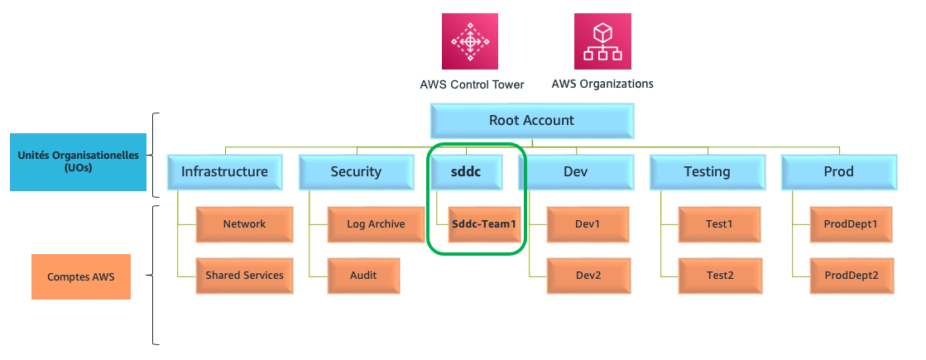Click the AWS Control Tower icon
coord(470,41)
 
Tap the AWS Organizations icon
coord(602,41)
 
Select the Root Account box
coord(531,121)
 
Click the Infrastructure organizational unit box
coord(224,172)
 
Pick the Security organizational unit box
coord(356,172)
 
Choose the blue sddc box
coord(467,172)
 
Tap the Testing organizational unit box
coord(707,172)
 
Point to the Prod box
coord(838,172)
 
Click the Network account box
coord(244,224)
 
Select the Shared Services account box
coord(244,276)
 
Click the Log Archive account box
coord(377,224)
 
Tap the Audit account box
coord(363,276)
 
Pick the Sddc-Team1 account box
coord(484,224)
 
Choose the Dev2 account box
coord(588,276)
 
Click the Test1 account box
coord(719,224)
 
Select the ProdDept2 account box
coord(851,276)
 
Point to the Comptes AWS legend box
coord(81,276)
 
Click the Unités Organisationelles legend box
coord(78,162)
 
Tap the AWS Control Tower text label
coord(472,85)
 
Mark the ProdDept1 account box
coord(851,224)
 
